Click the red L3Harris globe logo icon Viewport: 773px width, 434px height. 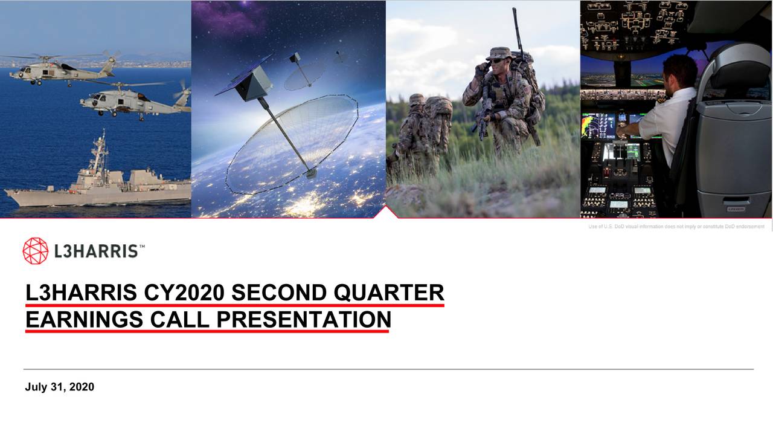click(x=35, y=251)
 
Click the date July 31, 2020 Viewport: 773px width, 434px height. click(x=59, y=387)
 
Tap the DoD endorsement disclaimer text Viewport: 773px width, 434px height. click(x=676, y=227)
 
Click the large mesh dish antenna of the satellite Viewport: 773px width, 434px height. click(x=293, y=142)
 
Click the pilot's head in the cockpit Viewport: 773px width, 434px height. click(x=679, y=71)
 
